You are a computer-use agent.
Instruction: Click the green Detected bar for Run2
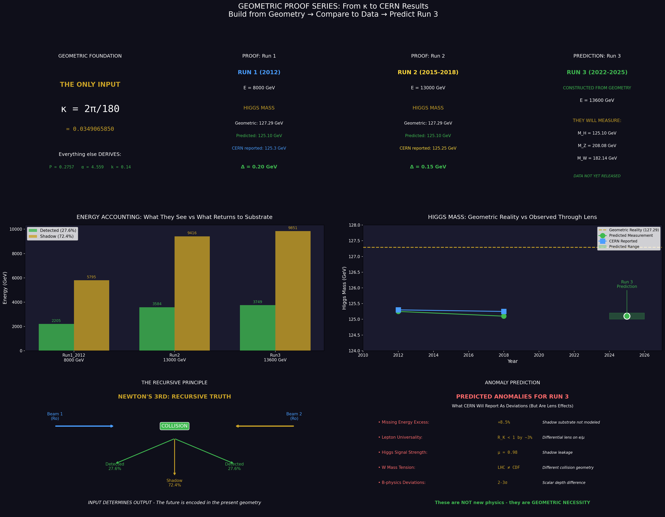pos(157,329)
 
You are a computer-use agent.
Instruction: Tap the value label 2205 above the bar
pos(56,321)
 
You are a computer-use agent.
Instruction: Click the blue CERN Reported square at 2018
pos(504,311)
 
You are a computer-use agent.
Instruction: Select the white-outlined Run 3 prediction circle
pos(627,316)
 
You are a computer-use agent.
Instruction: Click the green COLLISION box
pos(175,426)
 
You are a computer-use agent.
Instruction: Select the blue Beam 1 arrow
pos(84,426)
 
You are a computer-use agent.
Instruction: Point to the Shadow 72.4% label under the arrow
pos(175,483)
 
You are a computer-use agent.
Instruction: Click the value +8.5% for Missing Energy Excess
pos(504,422)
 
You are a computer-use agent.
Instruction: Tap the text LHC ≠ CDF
pos(508,467)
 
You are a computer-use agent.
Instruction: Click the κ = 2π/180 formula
pos(90,109)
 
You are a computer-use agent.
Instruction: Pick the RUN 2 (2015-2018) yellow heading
pos(428,72)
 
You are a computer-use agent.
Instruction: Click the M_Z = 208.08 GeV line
pos(597,146)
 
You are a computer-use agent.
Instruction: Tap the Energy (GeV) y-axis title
pos(5,288)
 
